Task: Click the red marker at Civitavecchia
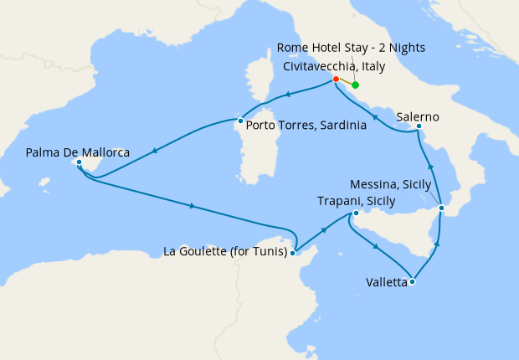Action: pyautogui.click(x=336, y=80)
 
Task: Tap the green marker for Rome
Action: pyautogui.click(x=355, y=85)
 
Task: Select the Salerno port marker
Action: pyautogui.click(x=419, y=126)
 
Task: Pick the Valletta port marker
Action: pyautogui.click(x=412, y=282)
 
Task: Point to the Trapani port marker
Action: pyautogui.click(x=355, y=214)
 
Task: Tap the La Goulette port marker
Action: pyautogui.click(x=292, y=251)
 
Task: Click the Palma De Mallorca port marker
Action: pyautogui.click(x=78, y=162)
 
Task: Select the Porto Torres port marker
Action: pyautogui.click(x=240, y=121)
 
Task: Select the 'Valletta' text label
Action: pyautogui.click(x=387, y=283)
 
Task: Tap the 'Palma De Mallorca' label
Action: pyautogui.click(x=77, y=152)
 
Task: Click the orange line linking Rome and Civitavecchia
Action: pyautogui.click(x=345, y=82)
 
